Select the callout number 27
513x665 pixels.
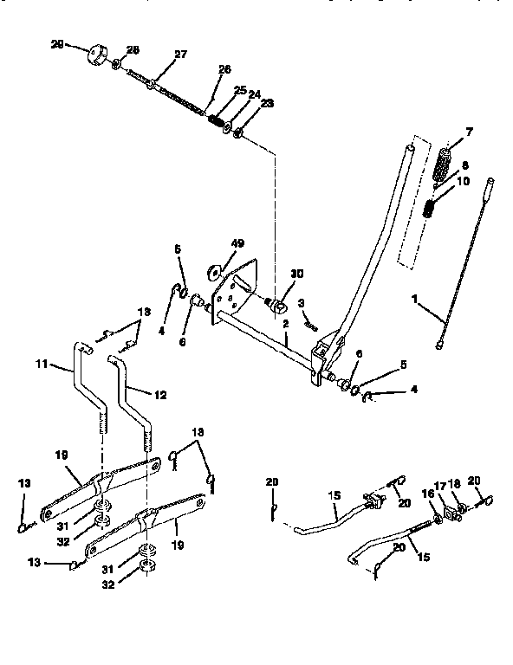pos(180,55)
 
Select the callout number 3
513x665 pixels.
pos(302,303)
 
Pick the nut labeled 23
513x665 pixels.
pos(239,136)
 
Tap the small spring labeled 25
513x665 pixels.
pos(213,121)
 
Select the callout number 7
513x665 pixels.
pos(469,132)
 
